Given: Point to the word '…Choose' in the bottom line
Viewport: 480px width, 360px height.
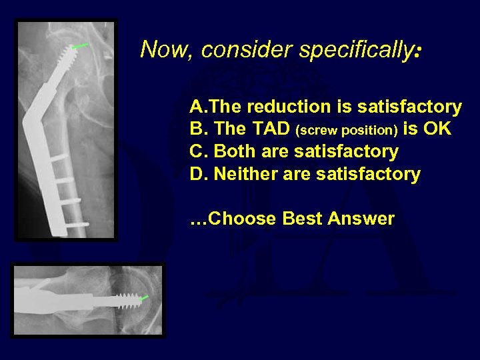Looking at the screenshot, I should pyautogui.click(x=233, y=219).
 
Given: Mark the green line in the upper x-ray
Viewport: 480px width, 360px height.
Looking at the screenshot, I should pyautogui.click(x=79, y=46).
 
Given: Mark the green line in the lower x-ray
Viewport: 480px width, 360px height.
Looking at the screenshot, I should pyautogui.click(x=145, y=297).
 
